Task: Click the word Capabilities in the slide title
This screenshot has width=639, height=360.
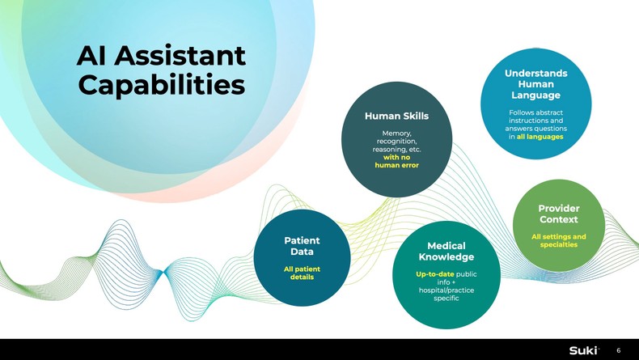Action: [x=161, y=84]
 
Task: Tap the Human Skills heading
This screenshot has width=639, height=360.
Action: [x=396, y=116]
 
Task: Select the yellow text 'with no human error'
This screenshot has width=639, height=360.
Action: [x=396, y=161]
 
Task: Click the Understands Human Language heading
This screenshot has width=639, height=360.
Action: [x=535, y=84]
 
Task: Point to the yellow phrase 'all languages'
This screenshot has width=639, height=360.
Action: [x=540, y=136]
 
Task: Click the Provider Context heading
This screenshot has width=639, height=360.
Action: [x=559, y=214]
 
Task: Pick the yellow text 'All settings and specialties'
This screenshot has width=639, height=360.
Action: [x=559, y=240]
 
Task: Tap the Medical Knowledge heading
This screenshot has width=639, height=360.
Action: [x=446, y=251]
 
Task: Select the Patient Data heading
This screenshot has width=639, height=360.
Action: [x=302, y=246]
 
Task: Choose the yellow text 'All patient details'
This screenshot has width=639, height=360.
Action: [x=302, y=273]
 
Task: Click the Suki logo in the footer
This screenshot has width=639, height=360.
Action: [x=583, y=349]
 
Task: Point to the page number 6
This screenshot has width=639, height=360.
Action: [x=619, y=349]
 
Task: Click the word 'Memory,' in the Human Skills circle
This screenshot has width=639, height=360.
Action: [x=396, y=133]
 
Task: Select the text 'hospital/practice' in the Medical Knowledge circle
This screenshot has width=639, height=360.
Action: [x=446, y=290]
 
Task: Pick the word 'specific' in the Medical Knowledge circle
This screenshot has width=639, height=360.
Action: [x=446, y=298]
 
